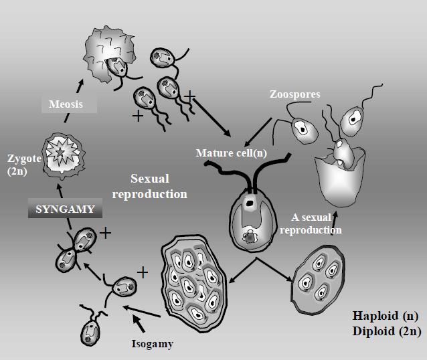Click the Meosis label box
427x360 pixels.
[65, 104]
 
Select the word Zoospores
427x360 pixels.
[296, 94]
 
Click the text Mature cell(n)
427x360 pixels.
[231, 153]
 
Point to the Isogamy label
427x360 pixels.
[151, 344]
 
